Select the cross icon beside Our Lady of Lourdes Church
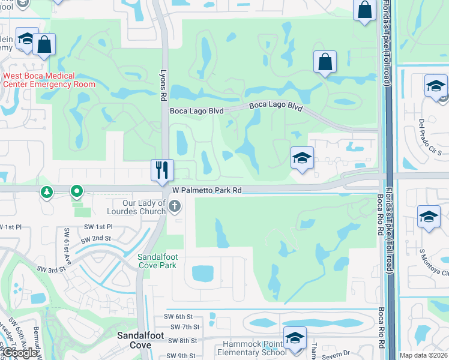click(x=175, y=207)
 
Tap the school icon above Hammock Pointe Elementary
click(x=295, y=338)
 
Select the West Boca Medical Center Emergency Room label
click(x=49, y=80)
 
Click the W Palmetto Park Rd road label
click(x=206, y=190)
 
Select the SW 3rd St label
click(x=50, y=270)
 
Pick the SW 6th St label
click(x=177, y=316)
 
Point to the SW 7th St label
click(x=184, y=327)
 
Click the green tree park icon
click(x=46, y=192)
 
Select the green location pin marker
click(x=76, y=192)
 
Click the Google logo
click(x=20, y=353)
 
